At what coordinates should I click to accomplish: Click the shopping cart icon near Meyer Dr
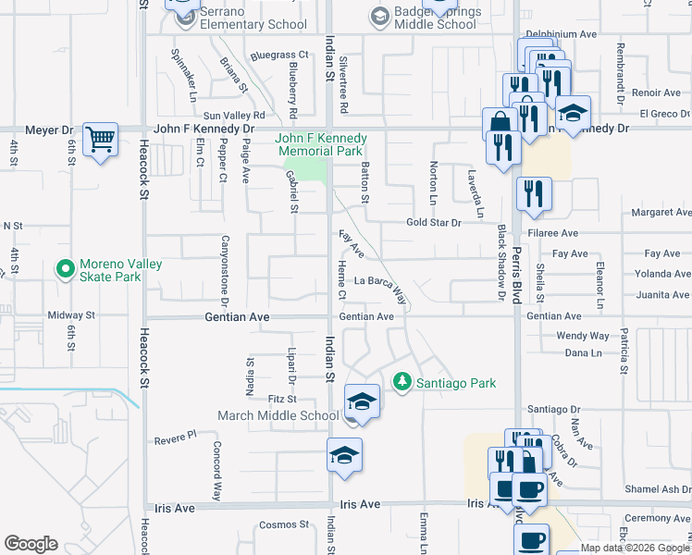point(100,141)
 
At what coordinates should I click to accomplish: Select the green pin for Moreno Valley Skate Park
point(65,270)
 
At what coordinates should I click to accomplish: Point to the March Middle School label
point(278,415)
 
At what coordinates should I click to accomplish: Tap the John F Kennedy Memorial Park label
point(321,144)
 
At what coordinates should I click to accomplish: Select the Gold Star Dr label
point(433,223)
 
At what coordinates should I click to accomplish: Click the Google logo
point(31,544)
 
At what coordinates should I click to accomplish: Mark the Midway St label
point(71,315)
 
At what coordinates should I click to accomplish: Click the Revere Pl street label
point(176,434)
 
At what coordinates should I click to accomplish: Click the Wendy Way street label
point(582,336)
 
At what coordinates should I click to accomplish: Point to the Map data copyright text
point(634,549)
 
